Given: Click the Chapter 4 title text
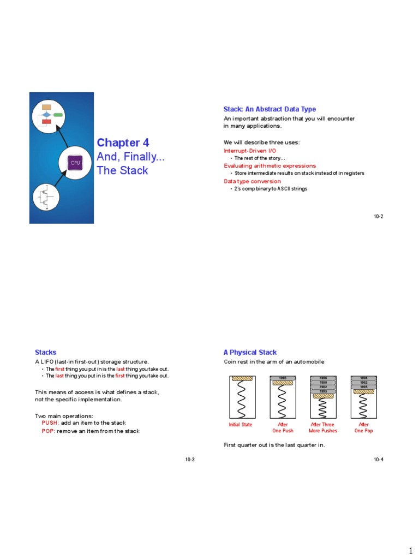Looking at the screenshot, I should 123,143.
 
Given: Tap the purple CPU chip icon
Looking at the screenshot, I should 75,163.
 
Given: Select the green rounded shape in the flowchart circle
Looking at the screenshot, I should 58,115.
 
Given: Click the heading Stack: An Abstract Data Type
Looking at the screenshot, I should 270,109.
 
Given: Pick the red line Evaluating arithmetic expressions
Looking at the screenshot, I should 270,165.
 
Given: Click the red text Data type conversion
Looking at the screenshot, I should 252,181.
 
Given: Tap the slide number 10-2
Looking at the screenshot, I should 378,217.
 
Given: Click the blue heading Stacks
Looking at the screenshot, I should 45,353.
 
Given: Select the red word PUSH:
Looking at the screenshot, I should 50,423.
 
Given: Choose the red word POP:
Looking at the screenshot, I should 49,431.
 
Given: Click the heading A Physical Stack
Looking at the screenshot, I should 250,353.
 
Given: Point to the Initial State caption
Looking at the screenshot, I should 241,425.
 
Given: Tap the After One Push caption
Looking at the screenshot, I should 283,427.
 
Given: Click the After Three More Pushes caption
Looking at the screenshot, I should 323,427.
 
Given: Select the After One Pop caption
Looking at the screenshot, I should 363,427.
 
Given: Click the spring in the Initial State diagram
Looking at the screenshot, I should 241,400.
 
